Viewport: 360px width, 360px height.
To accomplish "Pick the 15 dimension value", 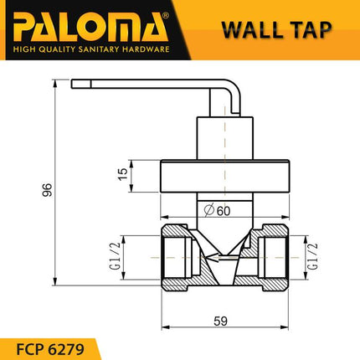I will click(x=123, y=174).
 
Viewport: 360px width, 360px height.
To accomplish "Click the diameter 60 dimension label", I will click(x=222, y=211).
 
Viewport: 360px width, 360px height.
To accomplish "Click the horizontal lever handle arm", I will click(x=142, y=84).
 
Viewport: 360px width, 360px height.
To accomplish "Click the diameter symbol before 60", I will click(x=208, y=211).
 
